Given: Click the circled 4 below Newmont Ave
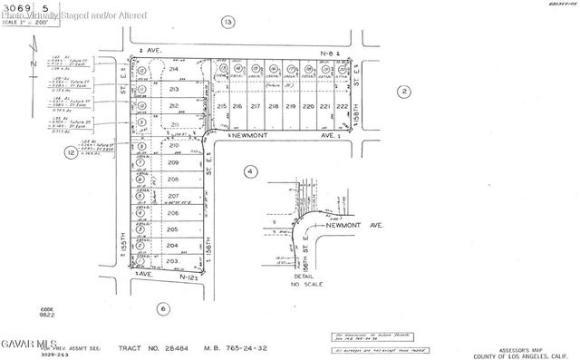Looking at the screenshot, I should tap(250, 170).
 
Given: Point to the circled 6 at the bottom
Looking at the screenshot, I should tap(164, 308).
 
